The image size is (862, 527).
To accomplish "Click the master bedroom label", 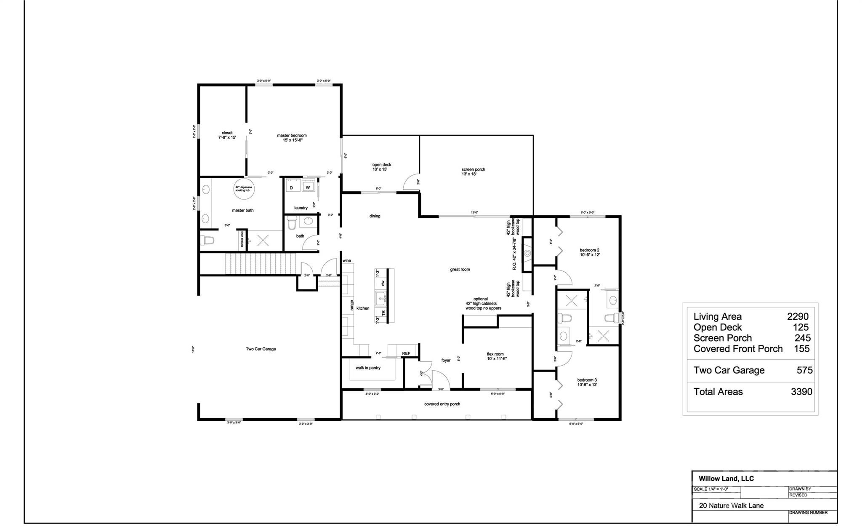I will coord(292,136).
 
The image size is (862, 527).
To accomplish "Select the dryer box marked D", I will coord(291,187).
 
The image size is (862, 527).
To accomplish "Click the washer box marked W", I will coord(308,187).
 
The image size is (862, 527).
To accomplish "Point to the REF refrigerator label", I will coord(406,353).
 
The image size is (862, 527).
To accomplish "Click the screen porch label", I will coord(473,170).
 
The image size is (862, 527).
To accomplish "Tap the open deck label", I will coord(381,165).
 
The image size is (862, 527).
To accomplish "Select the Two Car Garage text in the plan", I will coord(261,349).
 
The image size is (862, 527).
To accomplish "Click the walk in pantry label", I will coord(368,368).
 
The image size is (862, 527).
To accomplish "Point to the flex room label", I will coord(495,354).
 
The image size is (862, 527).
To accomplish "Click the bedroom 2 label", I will coord(589,250).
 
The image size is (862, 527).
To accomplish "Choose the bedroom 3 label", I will coord(587,380).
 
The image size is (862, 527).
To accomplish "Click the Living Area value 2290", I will coord(798,316).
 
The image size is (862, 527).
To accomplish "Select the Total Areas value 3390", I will coord(801,392).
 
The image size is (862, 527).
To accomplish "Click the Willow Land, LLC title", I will coord(726,479).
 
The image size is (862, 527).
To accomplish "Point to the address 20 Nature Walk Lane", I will coord(731,506).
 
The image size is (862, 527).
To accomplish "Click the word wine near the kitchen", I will coord(346,261).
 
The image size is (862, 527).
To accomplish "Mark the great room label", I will coord(460,270).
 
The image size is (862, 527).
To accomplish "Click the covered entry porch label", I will coord(442,404).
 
